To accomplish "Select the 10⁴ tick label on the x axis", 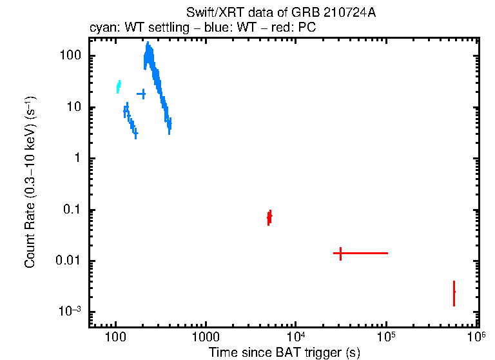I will click(296, 337).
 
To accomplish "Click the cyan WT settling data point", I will click(119, 86).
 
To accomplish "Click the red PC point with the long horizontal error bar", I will click(340, 253).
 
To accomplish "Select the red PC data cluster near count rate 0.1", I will click(269, 217).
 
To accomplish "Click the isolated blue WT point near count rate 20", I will click(141, 94).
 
